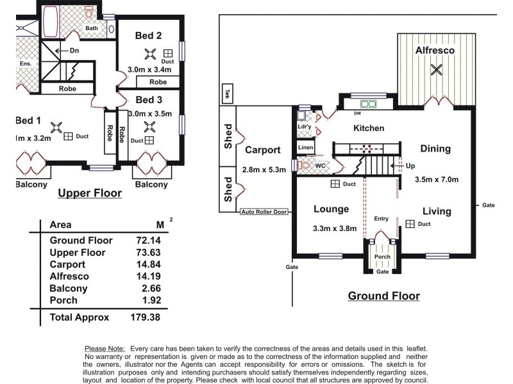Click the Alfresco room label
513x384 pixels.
pos(436,49)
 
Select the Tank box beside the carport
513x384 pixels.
pos(227,93)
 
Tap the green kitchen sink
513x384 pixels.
pos(368,103)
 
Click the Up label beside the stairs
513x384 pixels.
pos(410,165)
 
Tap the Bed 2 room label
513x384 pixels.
pos(149,36)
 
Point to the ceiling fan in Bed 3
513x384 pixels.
pos(149,126)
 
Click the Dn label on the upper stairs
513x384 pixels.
pos(74,50)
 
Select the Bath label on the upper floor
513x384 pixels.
pos(92,28)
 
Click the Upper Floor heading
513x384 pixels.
pos(89,192)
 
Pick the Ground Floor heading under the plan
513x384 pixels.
pos(383,296)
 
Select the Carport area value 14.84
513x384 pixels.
pos(147,264)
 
